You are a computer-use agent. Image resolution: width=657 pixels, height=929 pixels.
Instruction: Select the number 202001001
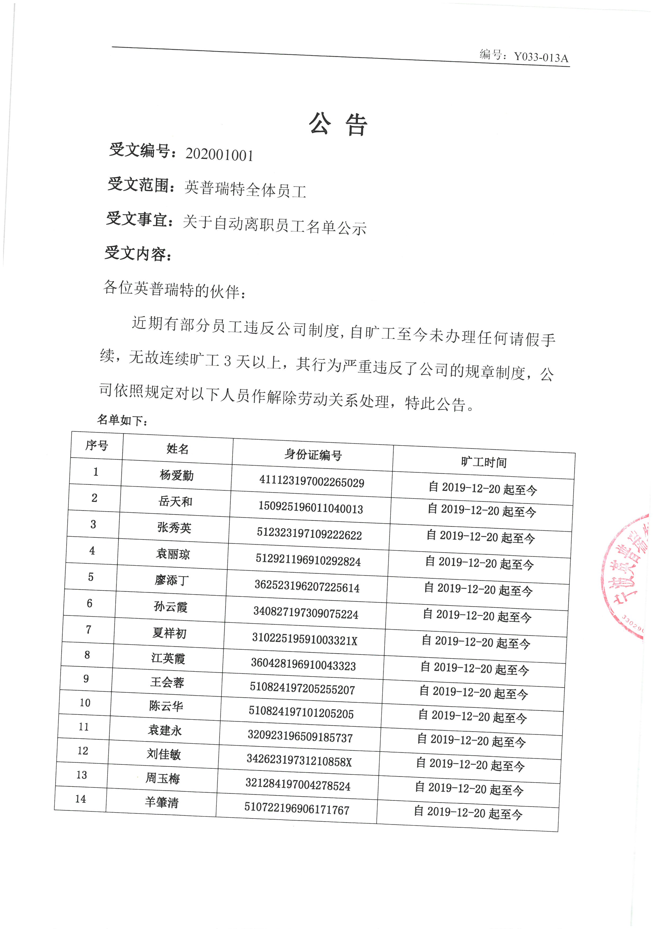[219, 154]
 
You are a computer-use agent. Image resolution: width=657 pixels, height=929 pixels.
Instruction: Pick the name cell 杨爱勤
[176, 475]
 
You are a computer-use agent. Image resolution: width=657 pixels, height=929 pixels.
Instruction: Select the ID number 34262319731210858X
[299, 762]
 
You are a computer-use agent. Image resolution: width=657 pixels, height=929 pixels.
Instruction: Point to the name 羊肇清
[162, 802]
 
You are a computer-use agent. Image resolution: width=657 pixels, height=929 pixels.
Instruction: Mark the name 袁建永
[165, 730]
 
